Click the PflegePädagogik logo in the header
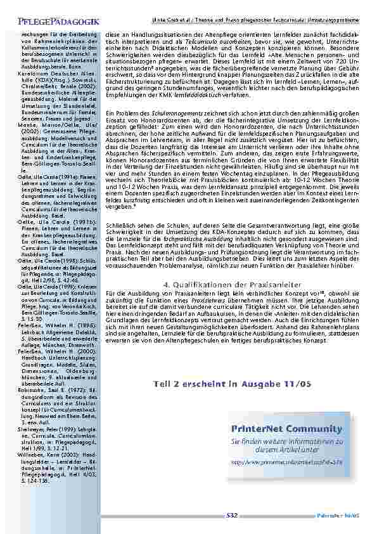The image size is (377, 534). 53,22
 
